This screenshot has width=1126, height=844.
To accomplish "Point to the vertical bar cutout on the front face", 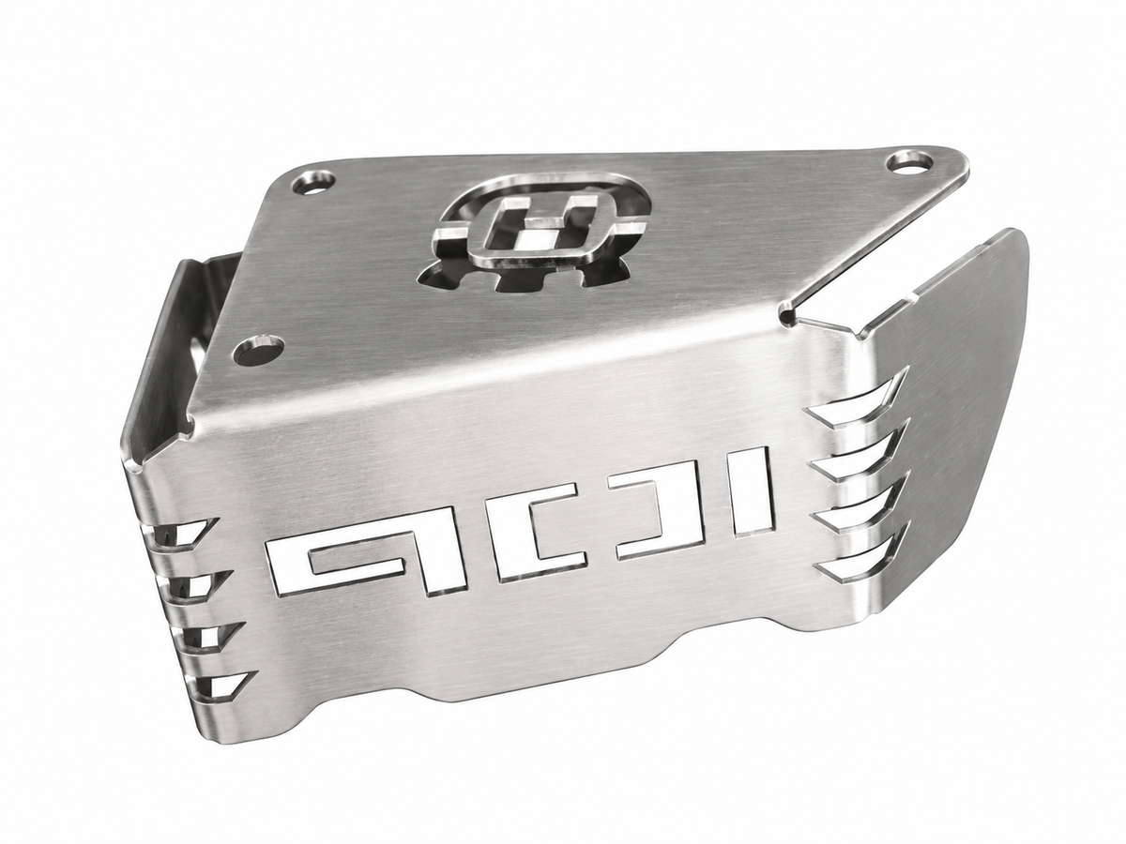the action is tap(753, 494).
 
